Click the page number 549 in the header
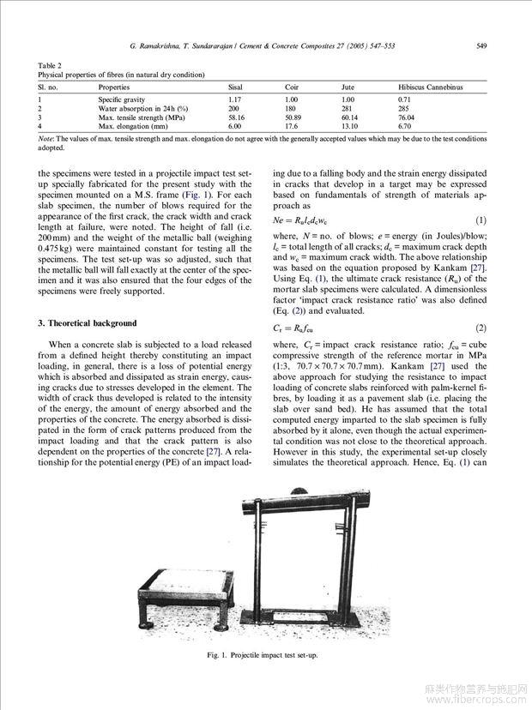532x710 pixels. coord(482,45)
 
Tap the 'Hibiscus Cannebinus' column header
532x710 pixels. coord(430,87)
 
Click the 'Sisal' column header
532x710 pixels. coord(234,87)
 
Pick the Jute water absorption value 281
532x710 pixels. coord(347,109)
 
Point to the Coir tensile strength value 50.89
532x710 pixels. coord(293,117)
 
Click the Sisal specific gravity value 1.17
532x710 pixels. coord(234,100)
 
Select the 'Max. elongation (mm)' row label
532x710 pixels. coord(127,126)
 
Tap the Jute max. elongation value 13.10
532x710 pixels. coord(349,126)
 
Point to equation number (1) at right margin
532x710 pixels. coord(481,220)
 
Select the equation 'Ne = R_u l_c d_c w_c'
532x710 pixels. coord(306,220)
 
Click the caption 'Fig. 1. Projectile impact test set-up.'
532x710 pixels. coord(263,656)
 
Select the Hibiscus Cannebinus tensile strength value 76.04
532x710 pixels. coord(407,117)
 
